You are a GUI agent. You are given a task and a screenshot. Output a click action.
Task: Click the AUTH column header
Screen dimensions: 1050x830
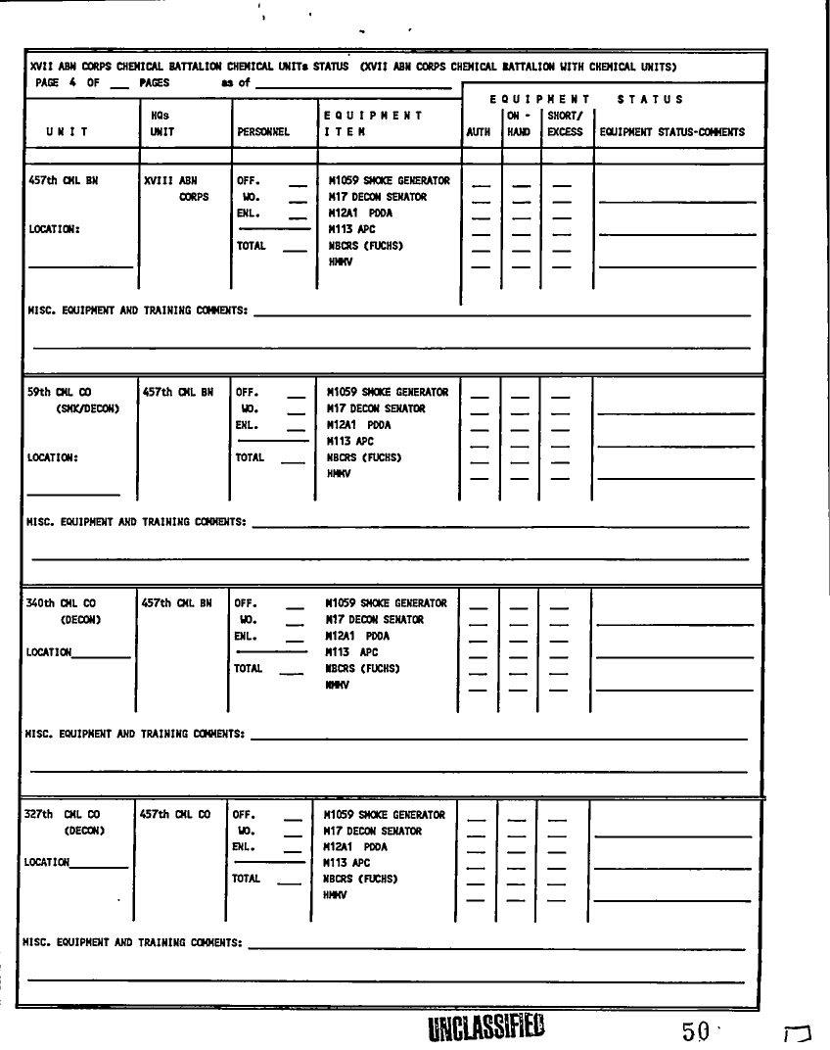click(479, 132)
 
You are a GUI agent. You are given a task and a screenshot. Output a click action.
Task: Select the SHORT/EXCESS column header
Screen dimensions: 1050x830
click(565, 124)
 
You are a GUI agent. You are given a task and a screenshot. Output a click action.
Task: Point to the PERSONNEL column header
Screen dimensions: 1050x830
click(263, 132)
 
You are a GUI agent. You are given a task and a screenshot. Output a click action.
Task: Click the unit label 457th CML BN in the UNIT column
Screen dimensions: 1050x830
click(64, 181)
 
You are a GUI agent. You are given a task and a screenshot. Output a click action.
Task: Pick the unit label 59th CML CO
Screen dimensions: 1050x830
click(59, 393)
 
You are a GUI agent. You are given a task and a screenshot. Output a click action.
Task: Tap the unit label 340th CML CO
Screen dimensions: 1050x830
click(61, 604)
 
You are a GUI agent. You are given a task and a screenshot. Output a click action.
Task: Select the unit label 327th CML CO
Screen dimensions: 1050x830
click(59, 815)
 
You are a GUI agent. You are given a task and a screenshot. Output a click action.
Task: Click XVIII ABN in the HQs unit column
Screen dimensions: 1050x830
click(170, 181)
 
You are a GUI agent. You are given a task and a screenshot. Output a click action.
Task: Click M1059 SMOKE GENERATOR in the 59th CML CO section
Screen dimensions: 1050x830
click(388, 393)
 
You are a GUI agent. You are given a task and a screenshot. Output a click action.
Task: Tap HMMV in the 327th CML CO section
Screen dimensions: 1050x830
click(336, 895)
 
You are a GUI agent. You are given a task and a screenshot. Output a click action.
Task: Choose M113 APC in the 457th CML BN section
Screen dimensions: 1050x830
click(351, 229)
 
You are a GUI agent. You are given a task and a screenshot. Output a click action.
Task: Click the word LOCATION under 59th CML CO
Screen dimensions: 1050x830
click(53, 457)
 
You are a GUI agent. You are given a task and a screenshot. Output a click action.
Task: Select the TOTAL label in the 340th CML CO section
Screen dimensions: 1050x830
click(249, 669)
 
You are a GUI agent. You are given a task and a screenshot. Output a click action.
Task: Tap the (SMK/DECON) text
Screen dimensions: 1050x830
click(88, 409)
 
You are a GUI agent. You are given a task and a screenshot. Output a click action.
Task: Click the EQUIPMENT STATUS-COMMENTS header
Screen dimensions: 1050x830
click(671, 132)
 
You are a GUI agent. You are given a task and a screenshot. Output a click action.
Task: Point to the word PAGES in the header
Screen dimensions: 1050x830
click(154, 83)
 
